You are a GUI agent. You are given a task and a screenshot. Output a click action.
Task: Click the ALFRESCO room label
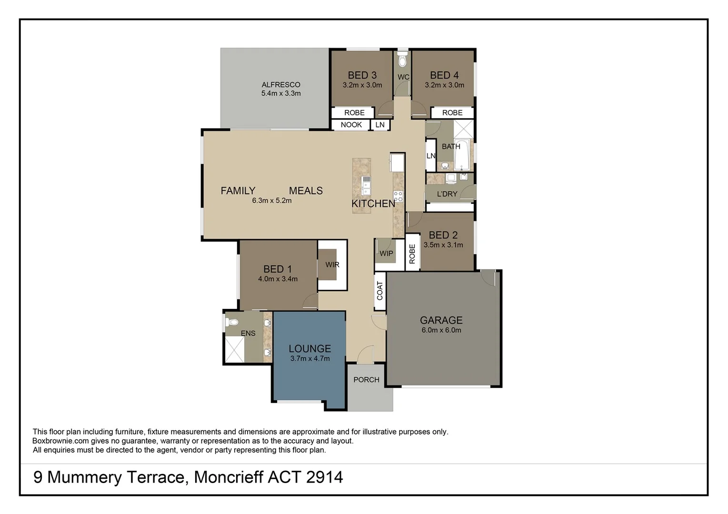pyautogui.click(x=280, y=85)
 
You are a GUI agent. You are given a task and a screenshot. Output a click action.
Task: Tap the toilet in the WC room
pyautogui.click(x=403, y=60)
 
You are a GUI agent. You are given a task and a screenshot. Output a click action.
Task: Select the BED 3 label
pyautogui.click(x=362, y=75)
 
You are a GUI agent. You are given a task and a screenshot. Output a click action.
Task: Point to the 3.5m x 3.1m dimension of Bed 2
pyautogui.click(x=443, y=245)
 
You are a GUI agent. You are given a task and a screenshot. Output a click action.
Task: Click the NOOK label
pyautogui.click(x=351, y=125)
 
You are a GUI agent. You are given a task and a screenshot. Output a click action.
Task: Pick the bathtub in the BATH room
pyautogui.click(x=461, y=155)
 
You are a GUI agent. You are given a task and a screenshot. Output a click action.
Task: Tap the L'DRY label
pyautogui.click(x=447, y=194)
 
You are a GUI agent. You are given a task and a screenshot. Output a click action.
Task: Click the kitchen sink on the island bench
pyautogui.click(x=366, y=186)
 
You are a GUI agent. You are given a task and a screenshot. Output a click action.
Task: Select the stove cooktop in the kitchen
pyautogui.click(x=398, y=196)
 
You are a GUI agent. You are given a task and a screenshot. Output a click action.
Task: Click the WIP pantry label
pyautogui.click(x=386, y=253)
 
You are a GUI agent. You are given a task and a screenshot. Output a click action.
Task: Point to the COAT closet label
pyautogui.click(x=380, y=291)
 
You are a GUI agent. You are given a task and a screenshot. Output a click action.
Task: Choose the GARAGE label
pyautogui.click(x=441, y=320)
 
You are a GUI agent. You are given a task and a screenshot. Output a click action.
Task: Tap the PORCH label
pyautogui.click(x=366, y=380)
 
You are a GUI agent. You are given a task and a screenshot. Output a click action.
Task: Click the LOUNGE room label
pyautogui.click(x=309, y=348)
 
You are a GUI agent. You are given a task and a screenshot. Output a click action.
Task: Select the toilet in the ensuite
pyautogui.click(x=232, y=322)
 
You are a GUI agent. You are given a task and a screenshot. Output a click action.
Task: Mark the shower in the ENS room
pyautogui.click(x=234, y=349)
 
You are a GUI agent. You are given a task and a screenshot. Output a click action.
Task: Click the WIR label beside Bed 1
pyautogui.click(x=332, y=265)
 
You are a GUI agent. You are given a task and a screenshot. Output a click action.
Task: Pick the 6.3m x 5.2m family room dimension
pyautogui.click(x=271, y=201)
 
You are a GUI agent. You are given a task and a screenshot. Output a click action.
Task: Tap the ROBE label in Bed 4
pyautogui.click(x=452, y=113)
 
